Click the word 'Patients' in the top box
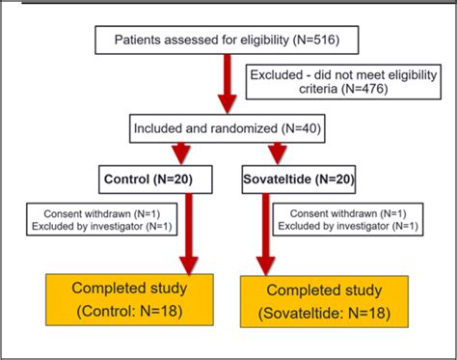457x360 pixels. (x=139, y=40)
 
